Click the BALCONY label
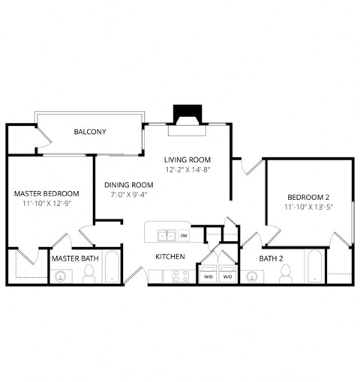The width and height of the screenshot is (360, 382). pyautogui.click(x=90, y=132)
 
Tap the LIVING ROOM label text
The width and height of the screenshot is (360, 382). pyautogui.click(x=187, y=160)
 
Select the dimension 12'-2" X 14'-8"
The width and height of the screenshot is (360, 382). pyautogui.click(x=187, y=170)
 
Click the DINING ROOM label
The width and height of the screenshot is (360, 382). pyautogui.click(x=128, y=185)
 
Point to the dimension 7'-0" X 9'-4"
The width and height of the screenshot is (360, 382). pyautogui.click(x=128, y=195)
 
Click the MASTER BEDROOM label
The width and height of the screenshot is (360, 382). pyautogui.click(x=46, y=193)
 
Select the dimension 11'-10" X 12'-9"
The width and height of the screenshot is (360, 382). pyautogui.click(x=46, y=204)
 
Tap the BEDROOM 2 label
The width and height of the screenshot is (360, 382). pyautogui.click(x=308, y=198)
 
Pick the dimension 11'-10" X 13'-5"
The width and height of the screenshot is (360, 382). pyautogui.click(x=308, y=208)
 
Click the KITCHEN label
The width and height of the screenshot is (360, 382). pyautogui.click(x=170, y=256)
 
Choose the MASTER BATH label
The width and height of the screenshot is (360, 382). pyautogui.click(x=75, y=258)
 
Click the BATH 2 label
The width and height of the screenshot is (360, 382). pyautogui.click(x=271, y=258)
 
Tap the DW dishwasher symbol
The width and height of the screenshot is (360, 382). pyautogui.click(x=184, y=236)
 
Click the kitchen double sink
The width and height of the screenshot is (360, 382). pyautogui.click(x=166, y=236)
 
